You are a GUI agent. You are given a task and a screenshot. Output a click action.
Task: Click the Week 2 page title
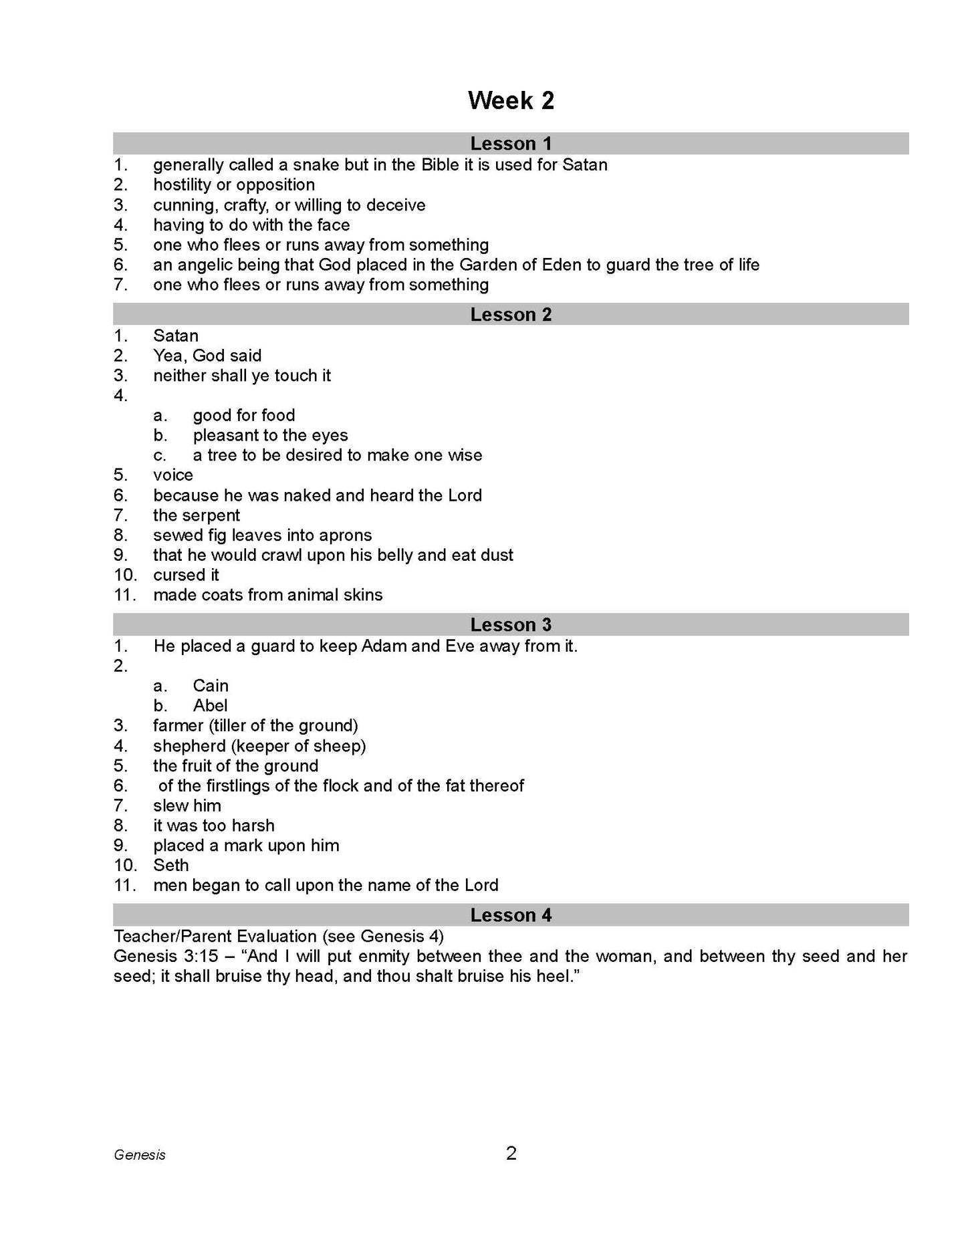(511, 101)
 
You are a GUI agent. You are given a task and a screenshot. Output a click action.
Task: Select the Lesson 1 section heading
(511, 144)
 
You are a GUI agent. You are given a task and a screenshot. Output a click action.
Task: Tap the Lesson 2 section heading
(511, 315)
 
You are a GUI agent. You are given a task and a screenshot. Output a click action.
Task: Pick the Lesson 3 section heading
(511, 625)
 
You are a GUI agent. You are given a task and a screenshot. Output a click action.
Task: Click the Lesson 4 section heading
(511, 915)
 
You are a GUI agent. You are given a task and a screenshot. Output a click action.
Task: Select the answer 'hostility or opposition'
(234, 185)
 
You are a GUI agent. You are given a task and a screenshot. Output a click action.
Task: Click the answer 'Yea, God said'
(207, 356)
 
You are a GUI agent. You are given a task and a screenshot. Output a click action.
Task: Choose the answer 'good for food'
(244, 416)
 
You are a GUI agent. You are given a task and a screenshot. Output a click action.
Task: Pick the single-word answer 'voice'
(173, 475)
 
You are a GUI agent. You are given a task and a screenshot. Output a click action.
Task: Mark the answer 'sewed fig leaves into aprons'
(262, 535)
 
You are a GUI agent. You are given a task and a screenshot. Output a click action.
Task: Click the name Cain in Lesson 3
(211, 686)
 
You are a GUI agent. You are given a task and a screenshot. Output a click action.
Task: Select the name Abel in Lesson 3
(211, 706)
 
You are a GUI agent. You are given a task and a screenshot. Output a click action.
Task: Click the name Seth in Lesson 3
(171, 866)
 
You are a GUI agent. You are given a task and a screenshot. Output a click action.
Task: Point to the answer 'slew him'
(187, 806)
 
